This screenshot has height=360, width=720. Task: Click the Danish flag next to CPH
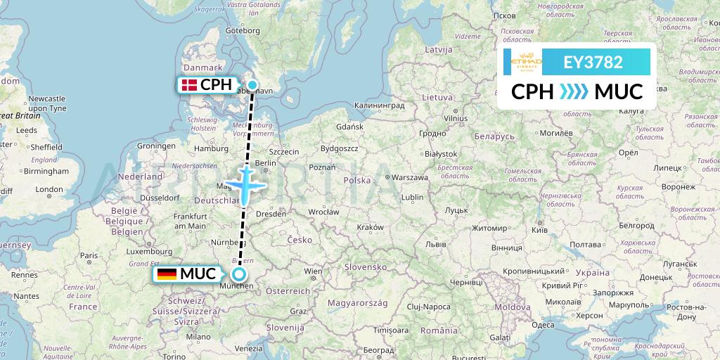pyautogui.click(x=188, y=85)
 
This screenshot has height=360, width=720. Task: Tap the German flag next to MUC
pyautogui.click(x=167, y=274)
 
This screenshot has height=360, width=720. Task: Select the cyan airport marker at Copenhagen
pyautogui.click(x=252, y=86)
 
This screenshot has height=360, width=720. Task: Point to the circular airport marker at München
pyautogui.click(x=240, y=274)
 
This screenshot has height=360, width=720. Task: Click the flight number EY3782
pyautogui.click(x=593, y=62)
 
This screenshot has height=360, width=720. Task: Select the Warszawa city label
pyautogui.click(x=411, y=178)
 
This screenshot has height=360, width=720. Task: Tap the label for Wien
pyautogui.click(x=313, y=271)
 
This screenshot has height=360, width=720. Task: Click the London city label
pyautogui.click(x=49, y=189)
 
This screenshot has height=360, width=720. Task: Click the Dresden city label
pyautogui.click(x=271, y=214)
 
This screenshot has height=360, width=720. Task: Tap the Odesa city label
pyautogui.click(x=543, y=324)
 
